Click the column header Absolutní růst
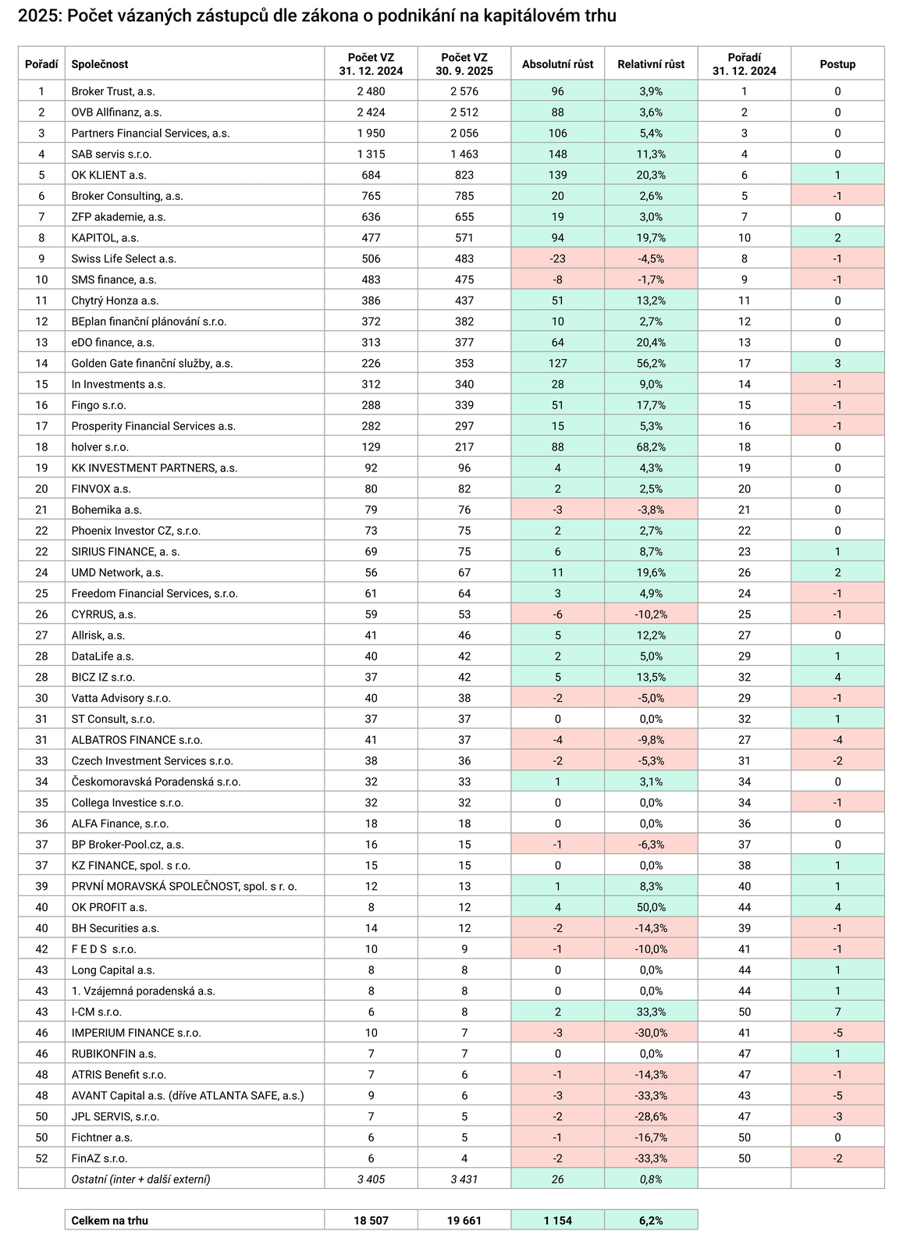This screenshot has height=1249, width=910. [x=557, y=64]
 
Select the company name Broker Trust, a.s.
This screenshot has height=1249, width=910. [x=112, y=91]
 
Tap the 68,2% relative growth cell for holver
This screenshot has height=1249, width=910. [x=650, y=447]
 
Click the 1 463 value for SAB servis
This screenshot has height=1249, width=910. [x=464, y=154]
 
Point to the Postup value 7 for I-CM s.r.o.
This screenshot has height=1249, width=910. [x=837, y=1012]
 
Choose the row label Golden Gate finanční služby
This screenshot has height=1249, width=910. [x=151, y=363]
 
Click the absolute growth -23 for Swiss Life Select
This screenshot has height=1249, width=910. [x=557, y=258]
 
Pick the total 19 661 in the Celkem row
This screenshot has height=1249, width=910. [x=464, y=1220]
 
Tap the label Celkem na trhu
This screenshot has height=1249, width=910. [x=109, y=1220]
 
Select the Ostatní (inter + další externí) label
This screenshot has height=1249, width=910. [x=140, y=1179]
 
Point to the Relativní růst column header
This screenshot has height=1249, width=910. [x=650, y=64]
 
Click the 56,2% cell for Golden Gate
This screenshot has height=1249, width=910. [x=650, y=363]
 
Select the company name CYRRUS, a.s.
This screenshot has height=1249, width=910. [x=103, y=614]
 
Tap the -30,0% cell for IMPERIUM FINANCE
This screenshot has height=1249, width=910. [x=650, y=1033]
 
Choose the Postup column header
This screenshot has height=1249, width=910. [x=837, y=64]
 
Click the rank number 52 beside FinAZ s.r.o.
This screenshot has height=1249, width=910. [x=41, y=1158]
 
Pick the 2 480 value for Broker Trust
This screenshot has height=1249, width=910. [x=371, y=91]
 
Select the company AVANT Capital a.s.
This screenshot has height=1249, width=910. [x=187, y=1095]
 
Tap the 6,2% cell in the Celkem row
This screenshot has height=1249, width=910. [x=650, y=1220]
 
